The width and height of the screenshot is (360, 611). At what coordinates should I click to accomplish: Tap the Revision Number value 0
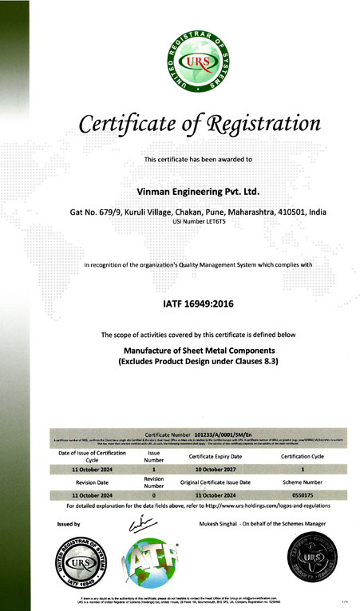pos(154,495)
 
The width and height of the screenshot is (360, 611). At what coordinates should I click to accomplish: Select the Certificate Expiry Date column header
pos(216,456)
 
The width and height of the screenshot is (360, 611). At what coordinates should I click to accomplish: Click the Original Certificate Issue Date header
pos(216,482)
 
